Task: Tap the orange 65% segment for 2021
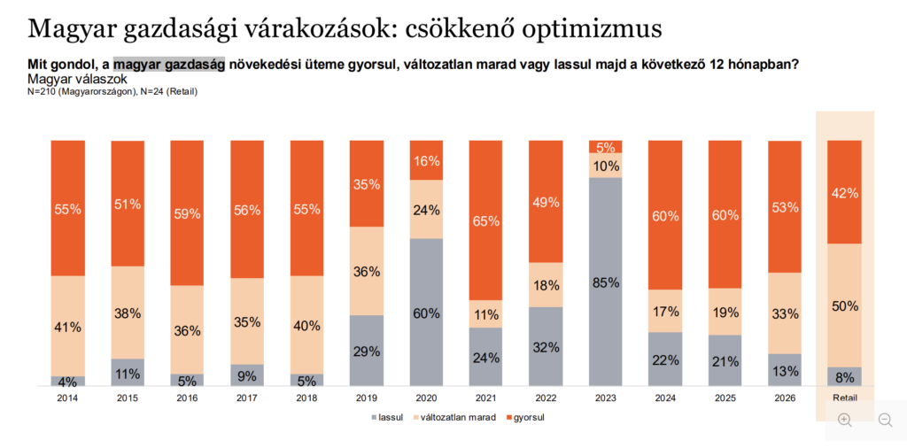click(x=485, y=220)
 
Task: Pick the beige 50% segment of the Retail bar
click(x=843, y=305)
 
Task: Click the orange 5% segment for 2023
click(x=605, y=146)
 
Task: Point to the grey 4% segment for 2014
click(x=68, y=381)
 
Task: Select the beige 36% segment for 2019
click(x=367, y=271)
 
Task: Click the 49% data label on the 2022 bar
click(x=546, y=202)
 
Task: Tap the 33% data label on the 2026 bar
click(x=784, y=313)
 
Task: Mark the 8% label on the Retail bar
click(x=844, y=377)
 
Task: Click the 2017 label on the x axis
click(x=247, y=399)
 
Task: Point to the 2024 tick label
click(x=664, y=399)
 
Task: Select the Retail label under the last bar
click(x=844, y=399)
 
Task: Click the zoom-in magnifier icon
click(x=844, y=420)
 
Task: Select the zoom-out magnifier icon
click(x=884, y=420)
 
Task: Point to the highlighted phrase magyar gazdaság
click(x=169, y=64)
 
